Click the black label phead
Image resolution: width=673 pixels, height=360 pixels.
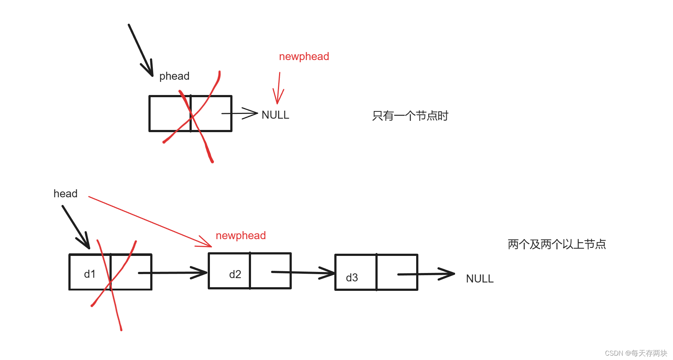(174, 76)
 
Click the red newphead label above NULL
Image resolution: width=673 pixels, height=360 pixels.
(304, 56)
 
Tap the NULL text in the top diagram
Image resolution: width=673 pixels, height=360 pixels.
(275, 115)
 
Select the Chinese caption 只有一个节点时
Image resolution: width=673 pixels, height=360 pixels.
(410, 116)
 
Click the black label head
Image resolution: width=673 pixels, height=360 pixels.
(65, 194)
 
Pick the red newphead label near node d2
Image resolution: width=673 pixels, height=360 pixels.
(240, 236)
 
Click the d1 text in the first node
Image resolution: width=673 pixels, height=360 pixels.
(90, 274)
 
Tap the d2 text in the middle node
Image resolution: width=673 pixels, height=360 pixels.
(235, 274)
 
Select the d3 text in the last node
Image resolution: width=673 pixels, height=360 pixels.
(352, 278)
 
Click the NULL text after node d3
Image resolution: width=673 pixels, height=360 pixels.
(479, 279)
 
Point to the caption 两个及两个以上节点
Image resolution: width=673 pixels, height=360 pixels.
(557, 244)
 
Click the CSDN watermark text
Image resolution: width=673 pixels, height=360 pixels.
(636, 353)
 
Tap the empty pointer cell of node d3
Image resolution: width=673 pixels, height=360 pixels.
(397, 272)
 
